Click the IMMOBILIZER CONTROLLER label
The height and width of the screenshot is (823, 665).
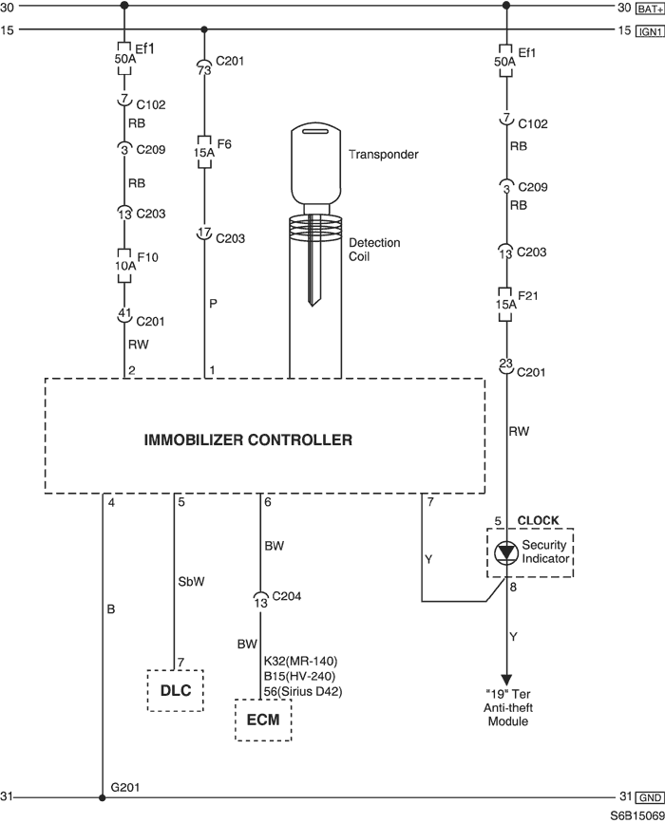click(x=248, y=440)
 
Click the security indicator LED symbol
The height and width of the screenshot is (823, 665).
click(x=506, y=552)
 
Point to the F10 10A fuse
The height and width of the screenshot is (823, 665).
click(x=123, y=266)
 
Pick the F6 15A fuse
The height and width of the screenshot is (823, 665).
click(x=204, y=152)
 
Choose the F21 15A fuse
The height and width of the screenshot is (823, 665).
click(x=505, y=305)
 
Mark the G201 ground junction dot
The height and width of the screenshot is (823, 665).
click(x=103, y=797)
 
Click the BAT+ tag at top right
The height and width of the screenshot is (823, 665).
click(x=650, y=9)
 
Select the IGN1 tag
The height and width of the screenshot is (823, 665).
click(x=650, y=31)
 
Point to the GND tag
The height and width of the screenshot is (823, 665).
click(x=650, y=797)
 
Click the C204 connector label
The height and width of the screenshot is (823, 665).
click(x=286, y=596)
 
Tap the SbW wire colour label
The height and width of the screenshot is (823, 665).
click(x=191, y=582)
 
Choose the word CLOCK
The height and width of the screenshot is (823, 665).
click(x=538, y=521)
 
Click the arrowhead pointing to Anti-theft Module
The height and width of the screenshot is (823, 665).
click(x=506, y=679)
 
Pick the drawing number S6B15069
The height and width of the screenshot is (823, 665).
click(x=637, y=816)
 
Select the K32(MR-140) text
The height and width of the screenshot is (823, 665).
click(x=300, y=662)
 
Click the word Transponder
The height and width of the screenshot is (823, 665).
click(x=384, y=155)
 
